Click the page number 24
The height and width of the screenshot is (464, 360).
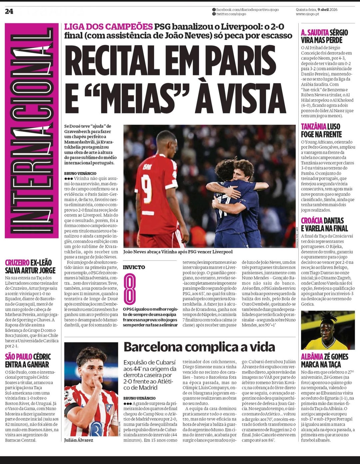pyautogui.click(x=9, y=11)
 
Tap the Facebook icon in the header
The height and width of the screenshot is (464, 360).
pyautogui.click(x=214, y=10)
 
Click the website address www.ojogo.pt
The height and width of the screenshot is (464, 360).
pyautogui.click(x=307, y=14)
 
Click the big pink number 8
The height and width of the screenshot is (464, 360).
pyautogui.click(x=130, y=289)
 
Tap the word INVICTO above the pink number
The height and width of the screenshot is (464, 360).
pyautogui.click(x=134, y=267)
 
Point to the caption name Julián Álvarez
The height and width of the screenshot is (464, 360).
pyautogui.click(x=79, y=440)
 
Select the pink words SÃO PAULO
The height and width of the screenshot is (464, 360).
pyautogui.click(x=18, y=357)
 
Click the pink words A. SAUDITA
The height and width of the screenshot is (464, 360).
pyautogui.click(x=315, y=32)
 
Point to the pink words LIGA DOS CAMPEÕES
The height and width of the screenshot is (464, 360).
pyautogui.click(x=108, y=27)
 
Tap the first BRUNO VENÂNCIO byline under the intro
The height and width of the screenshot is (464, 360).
pyautogui.click(x=80, y=173)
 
